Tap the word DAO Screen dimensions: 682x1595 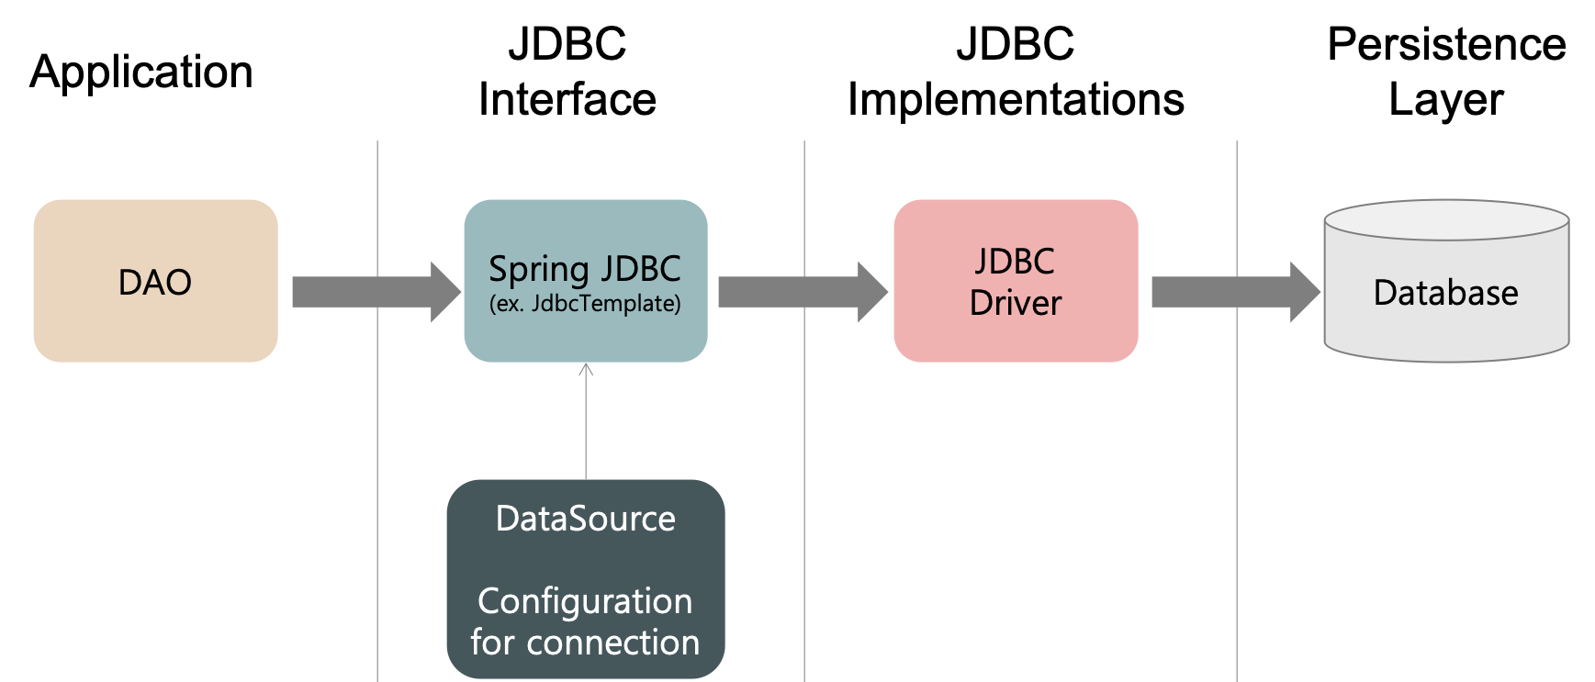155,283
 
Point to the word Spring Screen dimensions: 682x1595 538,270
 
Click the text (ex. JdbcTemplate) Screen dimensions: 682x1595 585,304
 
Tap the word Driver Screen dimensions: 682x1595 1015,303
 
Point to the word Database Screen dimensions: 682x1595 1445,293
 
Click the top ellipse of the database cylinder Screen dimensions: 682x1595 1445,220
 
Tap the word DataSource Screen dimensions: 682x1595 585,519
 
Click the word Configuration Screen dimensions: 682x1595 585,601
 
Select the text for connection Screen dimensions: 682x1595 585,643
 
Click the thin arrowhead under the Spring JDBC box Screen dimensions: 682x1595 586,369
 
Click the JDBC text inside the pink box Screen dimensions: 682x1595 1015,262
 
